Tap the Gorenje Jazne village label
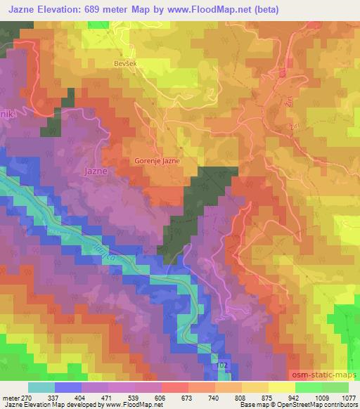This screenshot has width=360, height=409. click(x=157, y=161)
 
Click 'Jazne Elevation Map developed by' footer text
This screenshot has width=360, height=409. click(x=46, y=403)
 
